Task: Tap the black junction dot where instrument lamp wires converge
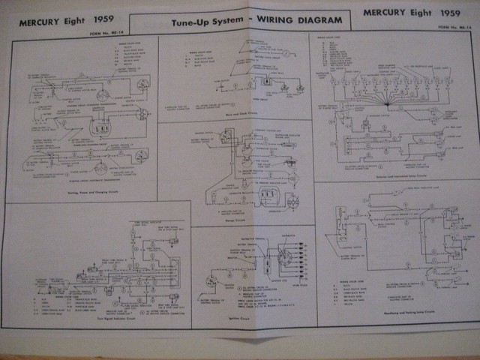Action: (388, 103)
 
